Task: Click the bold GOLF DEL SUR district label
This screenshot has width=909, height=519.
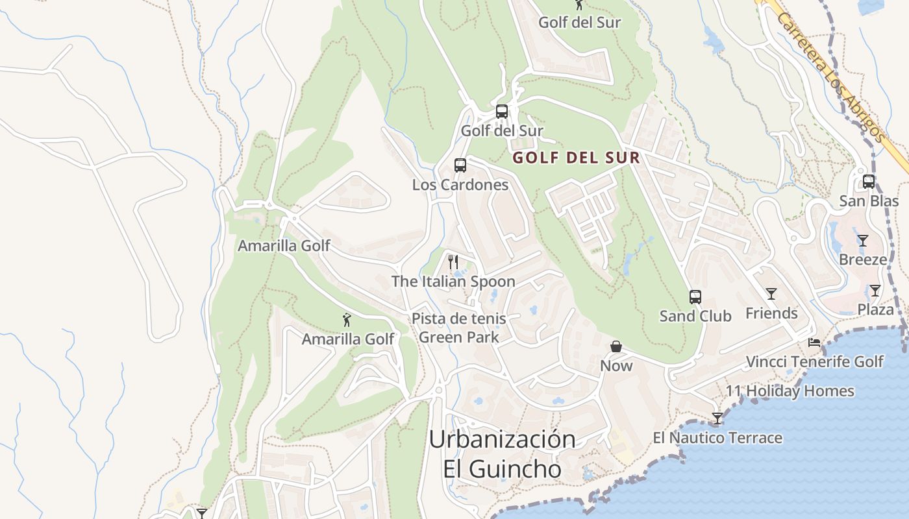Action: (x=577, y=158)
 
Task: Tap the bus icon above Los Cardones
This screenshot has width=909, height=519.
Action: (x=460, y=165)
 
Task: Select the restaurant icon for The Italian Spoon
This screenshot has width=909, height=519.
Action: (x=453, y=262)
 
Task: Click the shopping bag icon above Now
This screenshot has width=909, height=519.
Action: (x=616, y=347)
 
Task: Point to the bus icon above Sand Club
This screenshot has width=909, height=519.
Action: (x=695, y=297)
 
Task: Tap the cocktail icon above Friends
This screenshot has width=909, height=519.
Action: (x=771, y=294)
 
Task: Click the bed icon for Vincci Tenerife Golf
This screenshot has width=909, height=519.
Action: (x=814, y=343)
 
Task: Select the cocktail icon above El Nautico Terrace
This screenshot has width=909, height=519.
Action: (x=717, y=418)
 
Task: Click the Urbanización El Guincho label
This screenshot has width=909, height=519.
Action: (x=503, y=453)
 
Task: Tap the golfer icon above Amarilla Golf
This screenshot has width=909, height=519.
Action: (x=347, y=320)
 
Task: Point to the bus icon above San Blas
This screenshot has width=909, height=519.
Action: (x=869, y=182)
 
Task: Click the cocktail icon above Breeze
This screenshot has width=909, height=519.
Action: (x=862, y=241)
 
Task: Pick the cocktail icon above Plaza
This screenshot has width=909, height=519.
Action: (x=875, y=291)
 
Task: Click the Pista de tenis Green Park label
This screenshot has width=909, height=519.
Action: (x=459, y=328)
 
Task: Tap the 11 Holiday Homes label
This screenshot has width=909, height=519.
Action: (x=790, y=391)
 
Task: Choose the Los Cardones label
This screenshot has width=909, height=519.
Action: (x=460, y=185)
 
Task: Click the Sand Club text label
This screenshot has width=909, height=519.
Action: (x=695, y=317)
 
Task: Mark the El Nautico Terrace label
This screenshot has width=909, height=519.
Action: (x=717, y=438)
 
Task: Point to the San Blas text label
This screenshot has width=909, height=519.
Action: (x=869, y=201)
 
